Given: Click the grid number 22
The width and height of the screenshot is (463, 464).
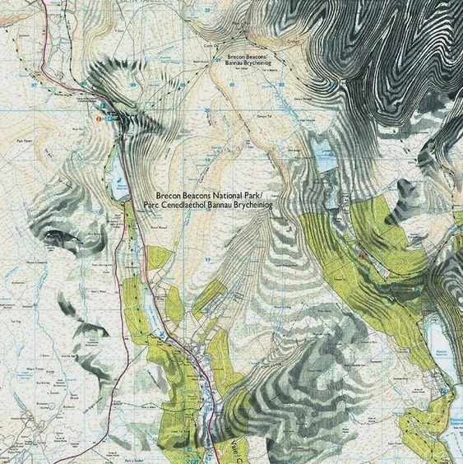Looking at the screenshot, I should click(207, 10).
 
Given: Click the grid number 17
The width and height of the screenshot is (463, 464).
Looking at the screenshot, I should click(208, 259).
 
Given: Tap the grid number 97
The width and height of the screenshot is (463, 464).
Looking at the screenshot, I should click(34, 84).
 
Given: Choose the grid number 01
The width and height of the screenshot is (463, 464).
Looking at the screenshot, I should click(232, 84).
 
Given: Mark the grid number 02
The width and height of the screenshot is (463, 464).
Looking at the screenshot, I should click(281, 84).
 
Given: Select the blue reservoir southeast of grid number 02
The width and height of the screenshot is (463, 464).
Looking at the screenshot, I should click(322, 154).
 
